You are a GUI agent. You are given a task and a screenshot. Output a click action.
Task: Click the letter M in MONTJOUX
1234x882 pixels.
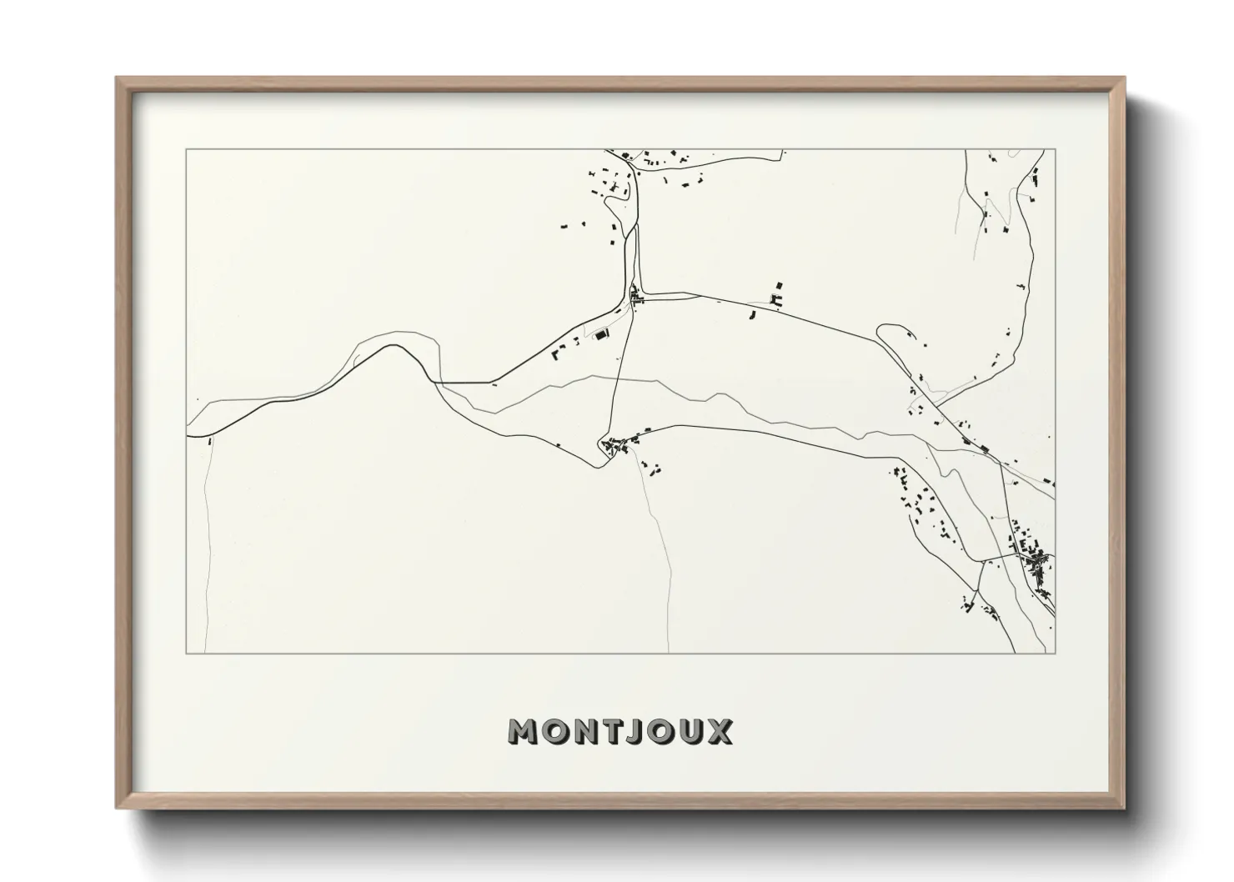(x=526, y=732)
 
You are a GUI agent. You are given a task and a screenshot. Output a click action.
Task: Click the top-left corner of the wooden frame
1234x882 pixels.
(x=117, y=78)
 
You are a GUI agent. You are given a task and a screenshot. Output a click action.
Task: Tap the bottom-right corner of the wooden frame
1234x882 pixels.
(x=1124, y=808)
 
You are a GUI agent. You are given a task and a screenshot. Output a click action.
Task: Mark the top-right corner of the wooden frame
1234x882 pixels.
(x=1124, y=78)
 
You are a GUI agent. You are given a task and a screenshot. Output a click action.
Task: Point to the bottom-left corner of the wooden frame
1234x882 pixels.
(x=117, y=808)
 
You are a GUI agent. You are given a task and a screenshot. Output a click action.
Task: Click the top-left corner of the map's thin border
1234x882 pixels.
(x=186, y=150)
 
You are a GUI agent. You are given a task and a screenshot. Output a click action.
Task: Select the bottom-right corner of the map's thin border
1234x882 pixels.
(x=1056, y=653)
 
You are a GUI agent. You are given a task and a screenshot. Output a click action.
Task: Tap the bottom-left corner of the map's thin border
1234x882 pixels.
(x=186, y=653)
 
